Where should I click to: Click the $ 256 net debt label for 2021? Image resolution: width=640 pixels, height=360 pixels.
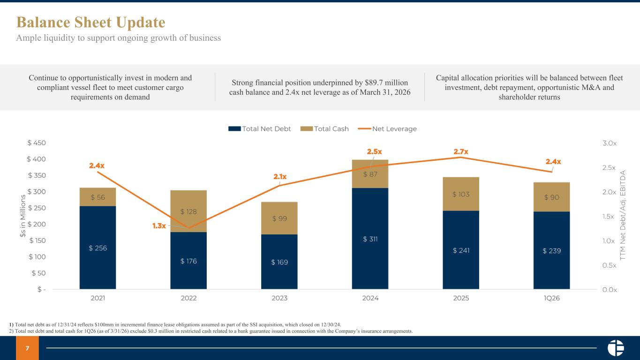[98, 248]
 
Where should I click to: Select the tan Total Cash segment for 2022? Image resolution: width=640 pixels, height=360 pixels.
[188, 211]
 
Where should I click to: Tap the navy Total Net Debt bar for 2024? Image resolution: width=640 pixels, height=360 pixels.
[370, 239]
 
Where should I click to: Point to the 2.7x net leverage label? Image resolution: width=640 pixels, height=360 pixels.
[461, 151]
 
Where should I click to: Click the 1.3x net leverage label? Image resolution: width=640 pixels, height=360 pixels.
[159, 226]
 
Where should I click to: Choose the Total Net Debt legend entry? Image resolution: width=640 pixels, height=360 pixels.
[259, 129]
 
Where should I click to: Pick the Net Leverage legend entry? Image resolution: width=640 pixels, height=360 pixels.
[387, 129]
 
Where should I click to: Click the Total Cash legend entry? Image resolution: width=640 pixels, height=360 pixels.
[324, 129]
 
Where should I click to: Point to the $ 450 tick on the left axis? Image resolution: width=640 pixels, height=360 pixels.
[37, 142]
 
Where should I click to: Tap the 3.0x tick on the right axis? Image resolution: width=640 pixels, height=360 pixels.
[610, 143]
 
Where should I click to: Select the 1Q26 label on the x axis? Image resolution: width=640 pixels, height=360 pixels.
[552, 298]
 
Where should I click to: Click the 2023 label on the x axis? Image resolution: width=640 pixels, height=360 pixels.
[279, 298]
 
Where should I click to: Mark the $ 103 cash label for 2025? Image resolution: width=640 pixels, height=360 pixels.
[461, 194]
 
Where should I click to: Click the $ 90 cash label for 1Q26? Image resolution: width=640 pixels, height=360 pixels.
[552, 197]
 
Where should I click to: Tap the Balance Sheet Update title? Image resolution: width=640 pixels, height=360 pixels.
[91, 22]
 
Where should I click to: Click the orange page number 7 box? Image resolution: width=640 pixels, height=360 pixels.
[27, 348]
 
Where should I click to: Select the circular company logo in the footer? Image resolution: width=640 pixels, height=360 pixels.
[616, 348]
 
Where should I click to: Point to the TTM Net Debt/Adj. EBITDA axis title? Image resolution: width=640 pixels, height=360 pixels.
[623, 215]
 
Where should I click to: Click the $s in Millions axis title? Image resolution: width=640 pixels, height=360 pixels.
[23, 216]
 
